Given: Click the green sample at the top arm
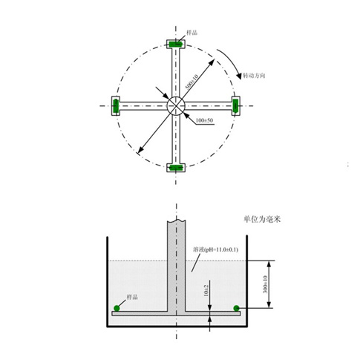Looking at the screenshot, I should pyautogui.click(x=176, y=45).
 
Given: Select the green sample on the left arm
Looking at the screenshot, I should pyautogui.click(x=116, y=106).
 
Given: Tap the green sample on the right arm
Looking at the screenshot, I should pyautogui.click(x=236, y=106).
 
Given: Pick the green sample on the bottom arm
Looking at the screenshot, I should pyautogui.click(x=176, y=167).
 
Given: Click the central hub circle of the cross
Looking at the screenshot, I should pyautogui.click(x=176, y=106).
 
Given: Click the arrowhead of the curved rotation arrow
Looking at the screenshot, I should pyautogui.click(x=237, y=77).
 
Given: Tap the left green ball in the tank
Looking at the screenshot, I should pyautogui.click(x=117, y=307).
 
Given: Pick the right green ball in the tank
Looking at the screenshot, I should pyautogui.click(x=236, y=307).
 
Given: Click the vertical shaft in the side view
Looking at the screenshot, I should pyautogui.click(x=176, y=267).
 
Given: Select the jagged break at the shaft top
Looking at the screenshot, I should pyautogui.click(x=176, y=221).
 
